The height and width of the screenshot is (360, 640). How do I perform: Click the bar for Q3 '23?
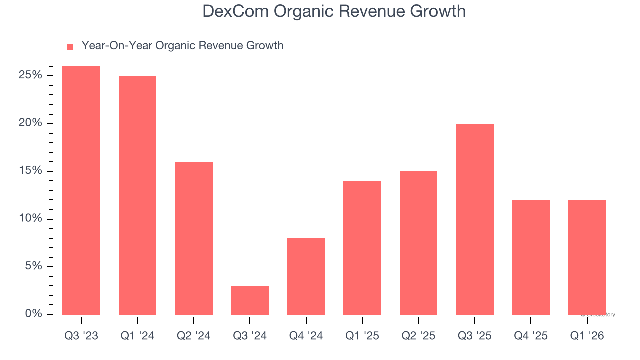[81, 190]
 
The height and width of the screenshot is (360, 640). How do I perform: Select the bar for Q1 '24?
[137, 195]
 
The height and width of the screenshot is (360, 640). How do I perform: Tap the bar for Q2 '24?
[194, 238]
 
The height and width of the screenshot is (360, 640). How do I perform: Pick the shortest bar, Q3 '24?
[250, 300]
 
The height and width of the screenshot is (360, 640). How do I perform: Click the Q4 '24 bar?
[306, 276]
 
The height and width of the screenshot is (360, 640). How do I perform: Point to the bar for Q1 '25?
[362, 247]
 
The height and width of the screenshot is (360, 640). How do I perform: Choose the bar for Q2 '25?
[418, 243]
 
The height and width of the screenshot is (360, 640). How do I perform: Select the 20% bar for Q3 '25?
[475, 219]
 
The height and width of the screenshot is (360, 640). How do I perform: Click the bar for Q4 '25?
[531, 257]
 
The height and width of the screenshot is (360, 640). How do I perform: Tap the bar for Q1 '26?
[587, 257]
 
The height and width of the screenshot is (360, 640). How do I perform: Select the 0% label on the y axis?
[33, 314]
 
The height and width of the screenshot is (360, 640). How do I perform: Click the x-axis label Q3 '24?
[250, 336]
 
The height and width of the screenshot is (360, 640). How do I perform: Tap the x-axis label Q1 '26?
[587, 336]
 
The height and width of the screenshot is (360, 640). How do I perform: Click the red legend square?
[70, 46]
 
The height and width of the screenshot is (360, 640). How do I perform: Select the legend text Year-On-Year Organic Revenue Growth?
[182, 46]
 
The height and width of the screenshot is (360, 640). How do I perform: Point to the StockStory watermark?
[599, 315]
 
